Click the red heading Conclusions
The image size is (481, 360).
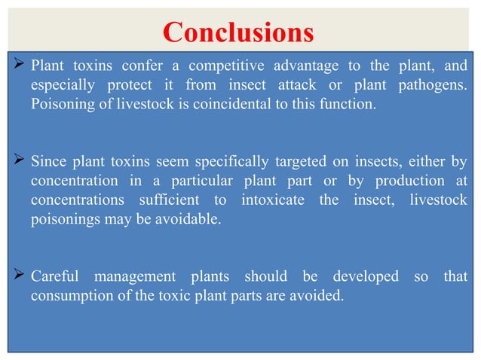pyautogui.click(x=237, y=32)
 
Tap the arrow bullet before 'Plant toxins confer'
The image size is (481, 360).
pyautogui.click(x=19, y=65)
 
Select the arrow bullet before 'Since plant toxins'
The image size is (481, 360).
pyautogui.click(x=19, y=160)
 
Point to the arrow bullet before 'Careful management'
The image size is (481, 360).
pyautogui.click(x=19, y=276)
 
